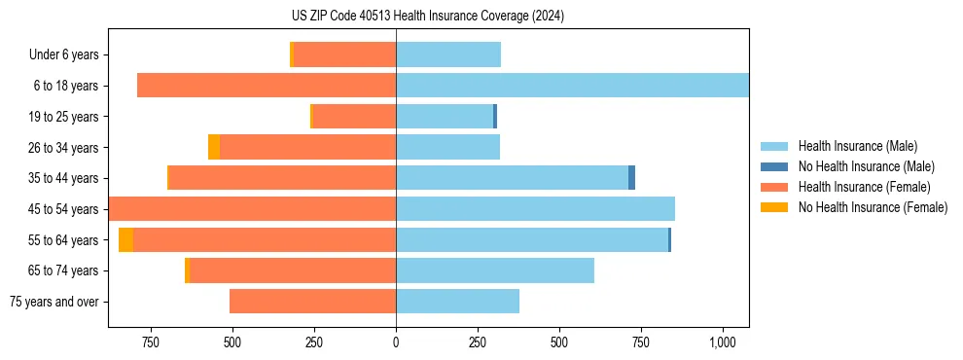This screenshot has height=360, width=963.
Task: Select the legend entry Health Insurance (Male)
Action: tap(857, 146)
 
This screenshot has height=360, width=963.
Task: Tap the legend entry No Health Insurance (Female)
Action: tap(873, 207)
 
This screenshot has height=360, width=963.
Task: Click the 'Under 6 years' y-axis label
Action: tap(63, 55)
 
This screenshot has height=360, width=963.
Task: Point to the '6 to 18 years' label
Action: tap(66, 86)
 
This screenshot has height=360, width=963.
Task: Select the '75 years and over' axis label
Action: tap(54, 302)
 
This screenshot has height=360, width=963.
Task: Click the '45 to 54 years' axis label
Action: tap(63, 209)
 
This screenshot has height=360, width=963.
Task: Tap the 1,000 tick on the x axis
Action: tap(722, 342)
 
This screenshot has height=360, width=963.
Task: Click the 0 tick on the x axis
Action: tap(396, 342)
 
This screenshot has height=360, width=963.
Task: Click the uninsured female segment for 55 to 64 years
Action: tap(125, 239)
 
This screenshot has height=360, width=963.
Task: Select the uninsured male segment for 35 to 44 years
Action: tap(631, 178)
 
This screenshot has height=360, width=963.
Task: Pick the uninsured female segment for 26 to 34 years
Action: tap(214, 147)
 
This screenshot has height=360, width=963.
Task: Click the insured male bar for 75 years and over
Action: tap(457, 302)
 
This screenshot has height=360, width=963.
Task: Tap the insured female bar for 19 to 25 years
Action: tap(354, 117)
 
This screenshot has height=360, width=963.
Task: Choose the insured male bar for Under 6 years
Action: tap(448, 54)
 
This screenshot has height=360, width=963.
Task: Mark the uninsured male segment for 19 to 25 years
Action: tap(495, 117)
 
